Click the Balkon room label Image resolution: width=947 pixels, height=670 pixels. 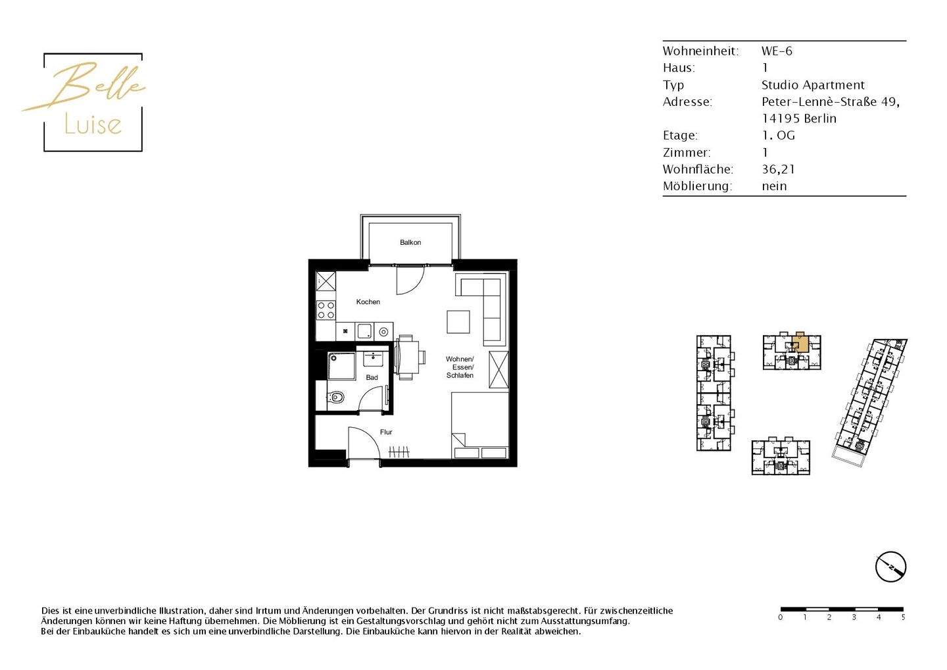coord(410,243)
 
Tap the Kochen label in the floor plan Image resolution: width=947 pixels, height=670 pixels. coord(368,302)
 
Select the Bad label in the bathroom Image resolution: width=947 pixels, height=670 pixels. coord(372,378)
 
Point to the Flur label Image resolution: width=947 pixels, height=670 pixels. coord(386,432)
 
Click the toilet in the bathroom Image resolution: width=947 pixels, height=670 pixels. coord(335,398)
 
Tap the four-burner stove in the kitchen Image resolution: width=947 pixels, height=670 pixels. coord(326,310)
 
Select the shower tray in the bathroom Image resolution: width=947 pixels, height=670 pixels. coord(341,367)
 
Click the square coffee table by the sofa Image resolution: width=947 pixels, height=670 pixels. coord(458,322)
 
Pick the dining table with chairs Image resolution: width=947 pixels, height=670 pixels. coord(406,357)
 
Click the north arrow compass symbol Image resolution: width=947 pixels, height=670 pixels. coord(890,567)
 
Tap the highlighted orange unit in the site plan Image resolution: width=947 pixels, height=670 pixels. coord(800,343)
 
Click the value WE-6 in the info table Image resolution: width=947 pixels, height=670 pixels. coord(777,51)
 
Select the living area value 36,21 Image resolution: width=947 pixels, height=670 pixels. coord(778,169)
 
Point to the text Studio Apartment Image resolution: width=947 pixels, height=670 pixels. coord(813,85)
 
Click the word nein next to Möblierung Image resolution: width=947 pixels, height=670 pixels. coord(774,186)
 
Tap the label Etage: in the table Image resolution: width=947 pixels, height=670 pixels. coord(680,136)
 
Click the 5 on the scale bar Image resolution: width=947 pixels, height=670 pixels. coord(903,617)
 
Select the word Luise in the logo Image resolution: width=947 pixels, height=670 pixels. coord(93,124)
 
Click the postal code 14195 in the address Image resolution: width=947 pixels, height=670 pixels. coord(781,119)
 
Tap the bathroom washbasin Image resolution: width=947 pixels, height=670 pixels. coord(374,359)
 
